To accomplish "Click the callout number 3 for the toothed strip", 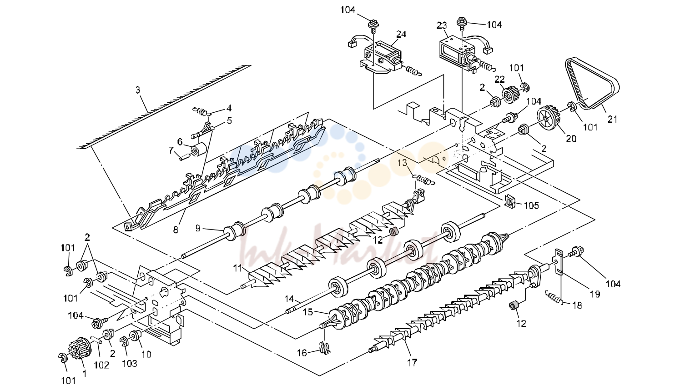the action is click(x=138, y=90).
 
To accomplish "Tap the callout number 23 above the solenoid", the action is click(x=442, y=25).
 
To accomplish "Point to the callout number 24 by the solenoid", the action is click(x=401, y=34).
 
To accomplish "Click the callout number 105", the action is click(x=531, y=205).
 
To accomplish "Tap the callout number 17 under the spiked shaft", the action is click(x=412, y=363).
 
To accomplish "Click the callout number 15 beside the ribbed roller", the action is click(x=308, y=312).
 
